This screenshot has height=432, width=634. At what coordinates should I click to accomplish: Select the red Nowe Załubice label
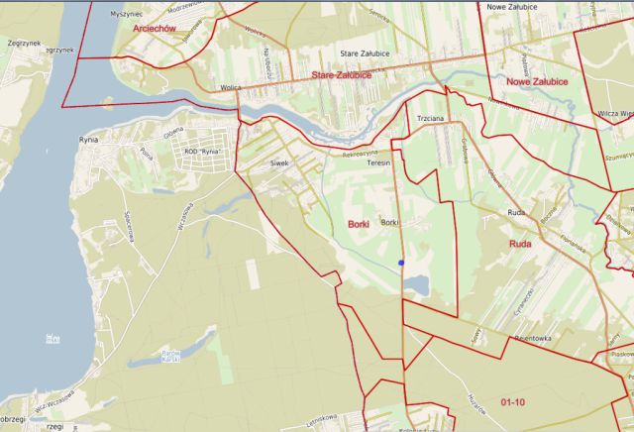tap(536, 81)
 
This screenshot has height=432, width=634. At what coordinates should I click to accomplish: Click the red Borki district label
tap(359, 225)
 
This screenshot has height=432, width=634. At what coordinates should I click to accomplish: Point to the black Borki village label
tap(389, 223)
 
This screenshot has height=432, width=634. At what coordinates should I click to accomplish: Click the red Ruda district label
tap(520, 243)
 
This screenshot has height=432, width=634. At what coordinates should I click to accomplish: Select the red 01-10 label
tap(513, 402)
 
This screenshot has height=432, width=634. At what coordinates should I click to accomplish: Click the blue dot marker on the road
tap(401, 263)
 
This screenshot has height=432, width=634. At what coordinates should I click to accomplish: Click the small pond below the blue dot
tap(415, 285)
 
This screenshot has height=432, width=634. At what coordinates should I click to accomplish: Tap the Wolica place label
tap(231, 87)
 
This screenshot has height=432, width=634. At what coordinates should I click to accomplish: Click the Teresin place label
tap(379, 162)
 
